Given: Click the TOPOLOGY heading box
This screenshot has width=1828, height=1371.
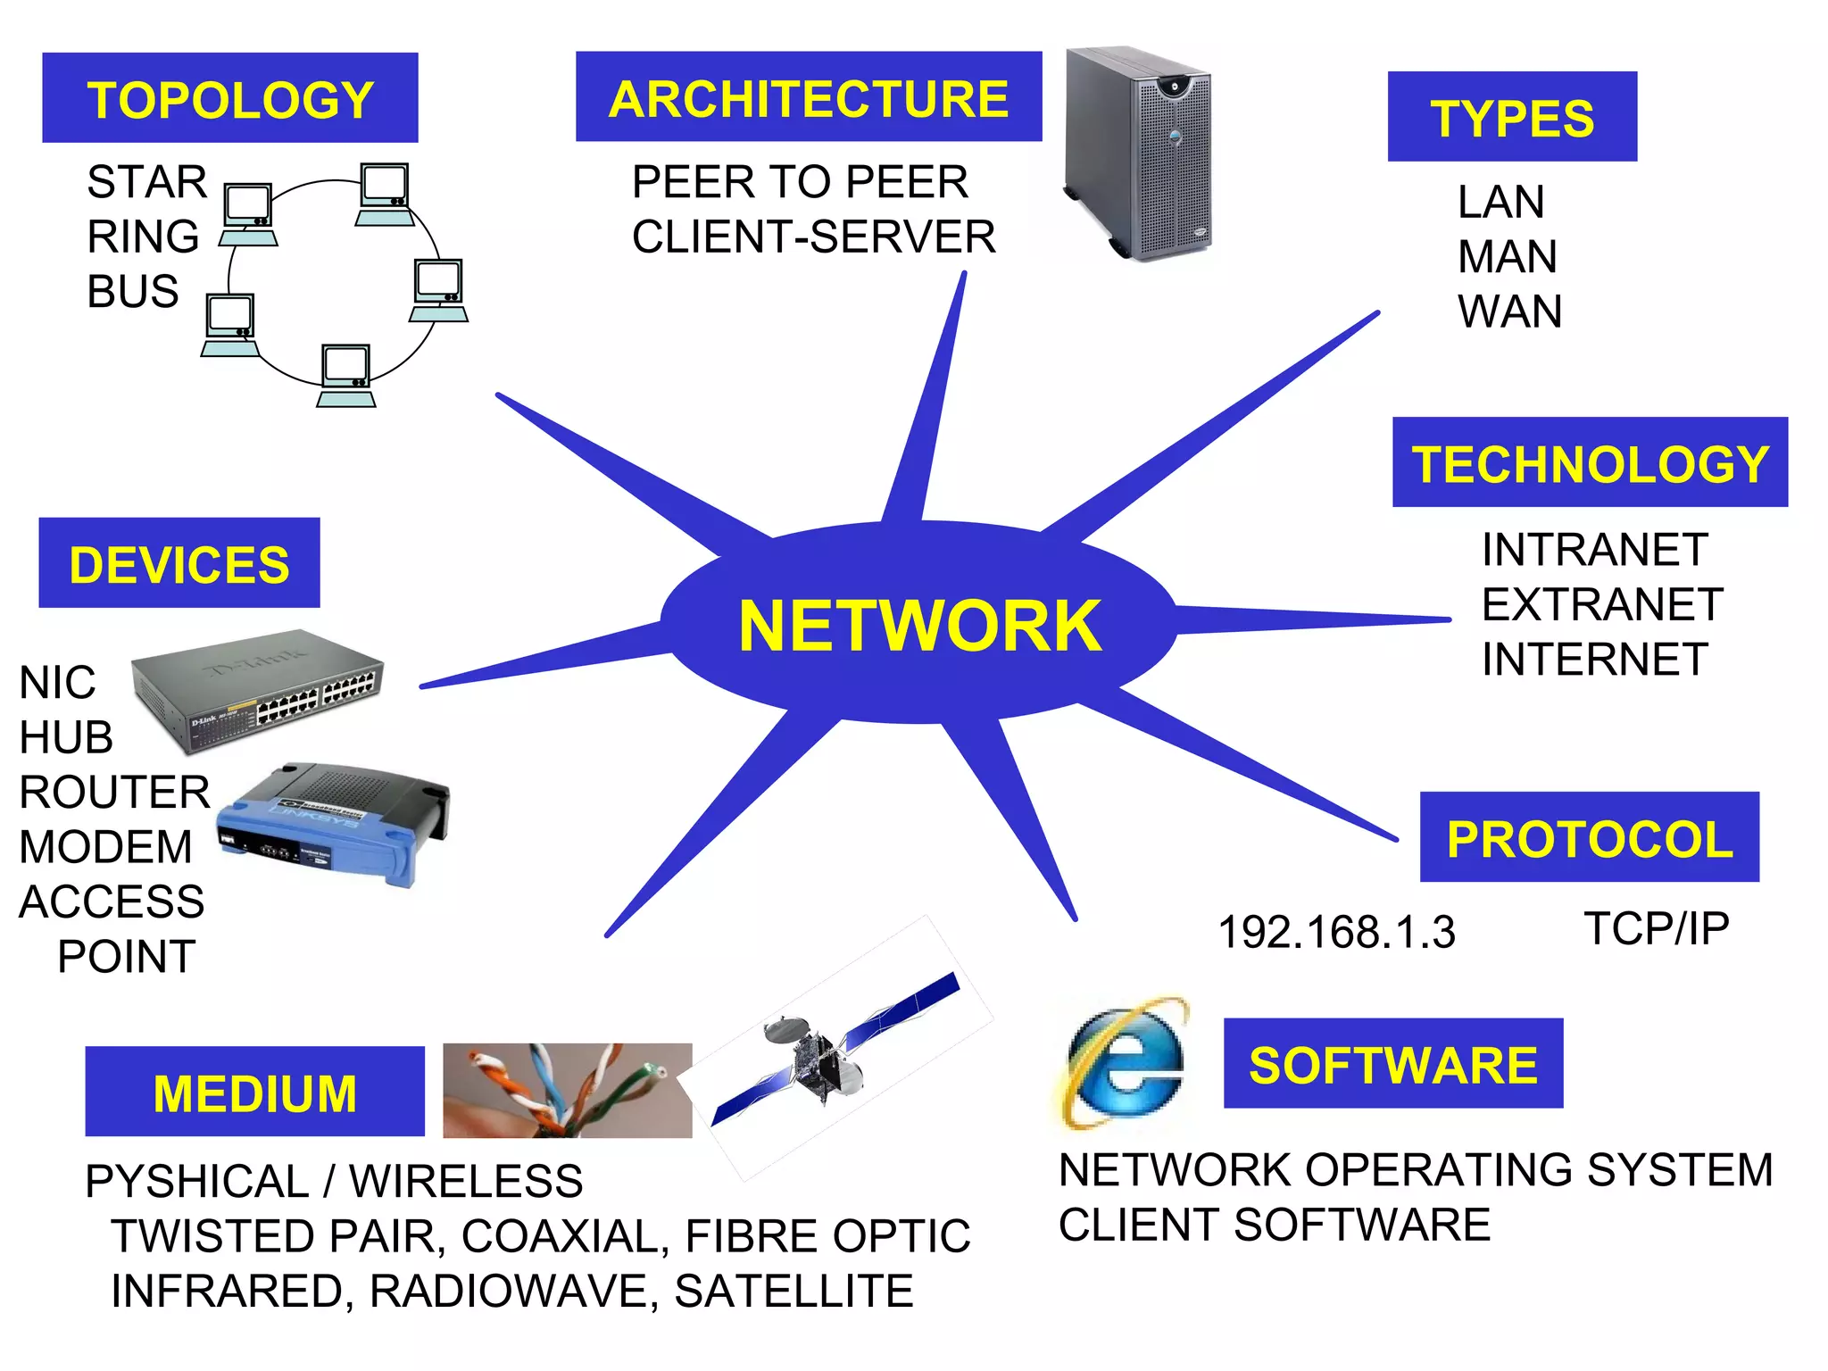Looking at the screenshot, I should pos(229,98).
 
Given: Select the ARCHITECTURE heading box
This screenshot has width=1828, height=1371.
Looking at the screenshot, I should pos(808,97).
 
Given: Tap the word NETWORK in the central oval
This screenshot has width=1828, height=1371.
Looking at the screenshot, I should pos(919,626).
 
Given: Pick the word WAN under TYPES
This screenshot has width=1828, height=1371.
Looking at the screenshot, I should pos(1509,312).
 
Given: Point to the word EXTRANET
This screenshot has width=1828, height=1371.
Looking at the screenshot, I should pos(1602,604).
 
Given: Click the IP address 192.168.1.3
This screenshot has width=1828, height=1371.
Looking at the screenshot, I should pos(1336,932).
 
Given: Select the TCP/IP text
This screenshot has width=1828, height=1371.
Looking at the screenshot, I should pos(1656,928).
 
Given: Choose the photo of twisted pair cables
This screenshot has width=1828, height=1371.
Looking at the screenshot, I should pos(567,1090).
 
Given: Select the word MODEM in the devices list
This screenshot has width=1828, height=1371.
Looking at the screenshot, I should pos(105,846).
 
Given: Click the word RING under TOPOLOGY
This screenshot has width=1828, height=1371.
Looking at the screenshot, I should pos(143,237).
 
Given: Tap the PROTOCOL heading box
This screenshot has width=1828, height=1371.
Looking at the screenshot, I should pos(1589,837).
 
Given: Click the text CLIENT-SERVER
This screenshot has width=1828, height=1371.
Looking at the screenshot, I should pos(813,237).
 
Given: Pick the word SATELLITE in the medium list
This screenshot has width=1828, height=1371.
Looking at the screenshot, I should pos(794,1291).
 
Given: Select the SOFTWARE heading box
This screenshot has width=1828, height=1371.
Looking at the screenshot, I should pos(1392,1064).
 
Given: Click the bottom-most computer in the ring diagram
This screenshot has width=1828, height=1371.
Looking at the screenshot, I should pos(346,376).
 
